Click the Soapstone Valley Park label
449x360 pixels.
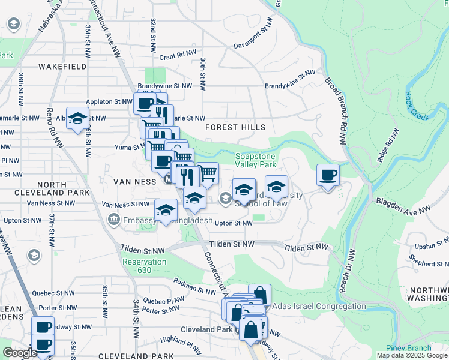[255, 160]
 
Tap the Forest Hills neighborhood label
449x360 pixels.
[235, 128]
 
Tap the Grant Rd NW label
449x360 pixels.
[178, 56]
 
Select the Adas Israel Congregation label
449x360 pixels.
[319, 307]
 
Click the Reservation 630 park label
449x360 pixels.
[144, 266]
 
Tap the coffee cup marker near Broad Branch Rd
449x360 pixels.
[328, 176]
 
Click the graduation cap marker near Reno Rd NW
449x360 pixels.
[77, 119]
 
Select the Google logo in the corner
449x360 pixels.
[20, 353]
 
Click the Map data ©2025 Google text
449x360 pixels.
[412, 355]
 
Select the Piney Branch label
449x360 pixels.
[409, 349]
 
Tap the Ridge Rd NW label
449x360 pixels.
[388, 145]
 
